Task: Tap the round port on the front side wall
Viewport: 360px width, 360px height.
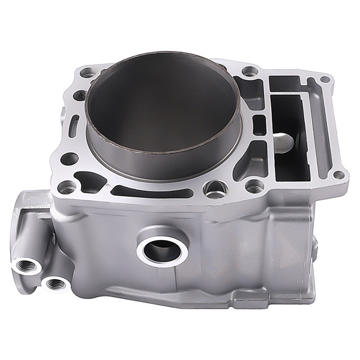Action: [163, 249]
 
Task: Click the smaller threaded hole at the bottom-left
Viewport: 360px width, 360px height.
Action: [56, 283]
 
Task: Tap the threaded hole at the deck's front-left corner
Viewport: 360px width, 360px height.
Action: [67, 188]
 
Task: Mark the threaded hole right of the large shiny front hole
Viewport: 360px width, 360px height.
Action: [254, 187]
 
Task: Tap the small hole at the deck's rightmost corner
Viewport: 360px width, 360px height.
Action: [338, 175]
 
